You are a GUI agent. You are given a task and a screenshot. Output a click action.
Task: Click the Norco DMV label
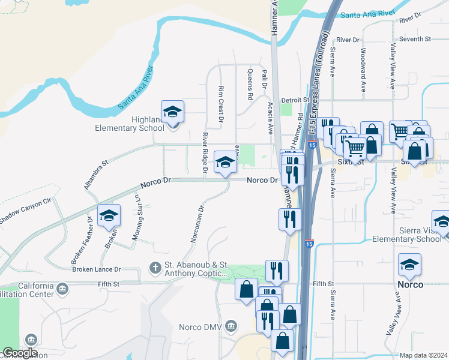tap(200, 327)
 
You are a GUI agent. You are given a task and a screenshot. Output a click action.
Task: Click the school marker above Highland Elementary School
tap(172, 112)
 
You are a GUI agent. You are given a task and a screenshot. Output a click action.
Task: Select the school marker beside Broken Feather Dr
tap(109, 215)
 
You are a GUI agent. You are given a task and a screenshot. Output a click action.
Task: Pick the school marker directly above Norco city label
tap(409, 264)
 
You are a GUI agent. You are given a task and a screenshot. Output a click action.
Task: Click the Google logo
tap(20, 353)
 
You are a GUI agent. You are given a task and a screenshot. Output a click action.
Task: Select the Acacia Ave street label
tap(271, 118)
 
